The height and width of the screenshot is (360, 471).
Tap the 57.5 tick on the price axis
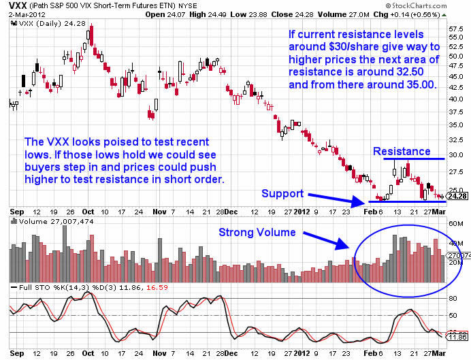point(456,28)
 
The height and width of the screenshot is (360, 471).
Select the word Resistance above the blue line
point(401,151)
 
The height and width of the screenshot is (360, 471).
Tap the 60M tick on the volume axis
point(455,223)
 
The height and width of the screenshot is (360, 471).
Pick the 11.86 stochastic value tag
point(456,337)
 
